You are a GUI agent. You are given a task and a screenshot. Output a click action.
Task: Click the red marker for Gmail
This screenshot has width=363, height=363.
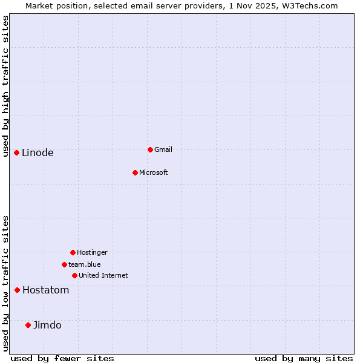150,149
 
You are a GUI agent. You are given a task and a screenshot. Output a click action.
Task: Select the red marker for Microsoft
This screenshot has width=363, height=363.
136,172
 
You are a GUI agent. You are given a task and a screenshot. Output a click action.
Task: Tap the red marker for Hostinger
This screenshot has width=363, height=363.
73,252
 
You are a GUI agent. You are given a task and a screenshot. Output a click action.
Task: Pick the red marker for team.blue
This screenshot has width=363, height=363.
64,264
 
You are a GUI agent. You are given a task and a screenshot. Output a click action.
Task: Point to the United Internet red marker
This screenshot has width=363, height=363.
74,275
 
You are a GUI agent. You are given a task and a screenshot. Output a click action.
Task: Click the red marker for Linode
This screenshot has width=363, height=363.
16,152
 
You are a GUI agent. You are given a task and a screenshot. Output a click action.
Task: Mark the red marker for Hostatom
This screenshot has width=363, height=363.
17,290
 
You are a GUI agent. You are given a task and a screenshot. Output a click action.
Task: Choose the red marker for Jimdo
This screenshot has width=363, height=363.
28,325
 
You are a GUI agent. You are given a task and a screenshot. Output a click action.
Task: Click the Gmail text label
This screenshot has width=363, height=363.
163,149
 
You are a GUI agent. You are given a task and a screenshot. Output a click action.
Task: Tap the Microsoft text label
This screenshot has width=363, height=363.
154,172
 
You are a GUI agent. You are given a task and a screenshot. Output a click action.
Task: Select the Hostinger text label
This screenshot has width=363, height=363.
92,252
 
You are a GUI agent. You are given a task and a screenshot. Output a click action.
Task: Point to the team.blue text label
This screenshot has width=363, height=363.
85,264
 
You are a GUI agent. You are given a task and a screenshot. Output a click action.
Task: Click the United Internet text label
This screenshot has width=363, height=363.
103,275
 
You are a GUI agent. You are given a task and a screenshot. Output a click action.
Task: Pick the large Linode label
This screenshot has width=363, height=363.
38,152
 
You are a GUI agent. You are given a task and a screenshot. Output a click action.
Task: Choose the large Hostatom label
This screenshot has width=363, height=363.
46,290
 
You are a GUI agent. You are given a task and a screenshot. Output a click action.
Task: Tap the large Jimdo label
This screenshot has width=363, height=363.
47,325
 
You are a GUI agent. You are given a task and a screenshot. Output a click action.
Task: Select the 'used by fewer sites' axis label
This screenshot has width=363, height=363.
62,358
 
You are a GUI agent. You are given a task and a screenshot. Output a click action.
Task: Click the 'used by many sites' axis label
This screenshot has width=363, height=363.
304,358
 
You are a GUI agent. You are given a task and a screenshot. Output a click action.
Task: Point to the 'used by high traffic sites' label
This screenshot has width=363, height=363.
6,86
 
